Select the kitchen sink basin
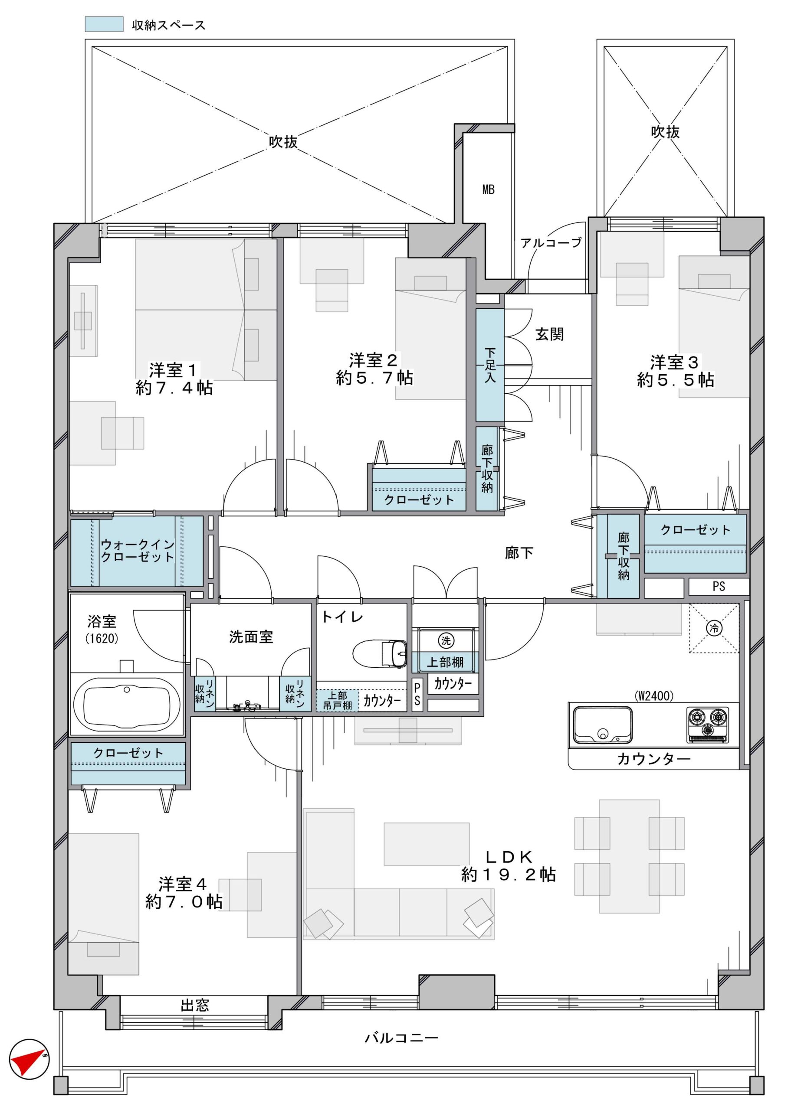pos(603,725)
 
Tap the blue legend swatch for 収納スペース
pos(104,24)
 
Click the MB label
pos(488,190)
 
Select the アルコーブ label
pos(551,242)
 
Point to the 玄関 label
pos(549,334)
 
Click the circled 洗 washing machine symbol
pos(446,640)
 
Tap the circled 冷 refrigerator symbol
pos(714,628)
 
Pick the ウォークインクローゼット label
pos(138,550)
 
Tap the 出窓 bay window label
pos(195,1006)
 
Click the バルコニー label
pos(402,1038)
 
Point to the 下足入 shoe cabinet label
pos(490,365)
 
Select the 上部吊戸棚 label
pos(338,700)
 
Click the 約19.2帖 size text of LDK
pos(508,875)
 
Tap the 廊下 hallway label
pos(519,553)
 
